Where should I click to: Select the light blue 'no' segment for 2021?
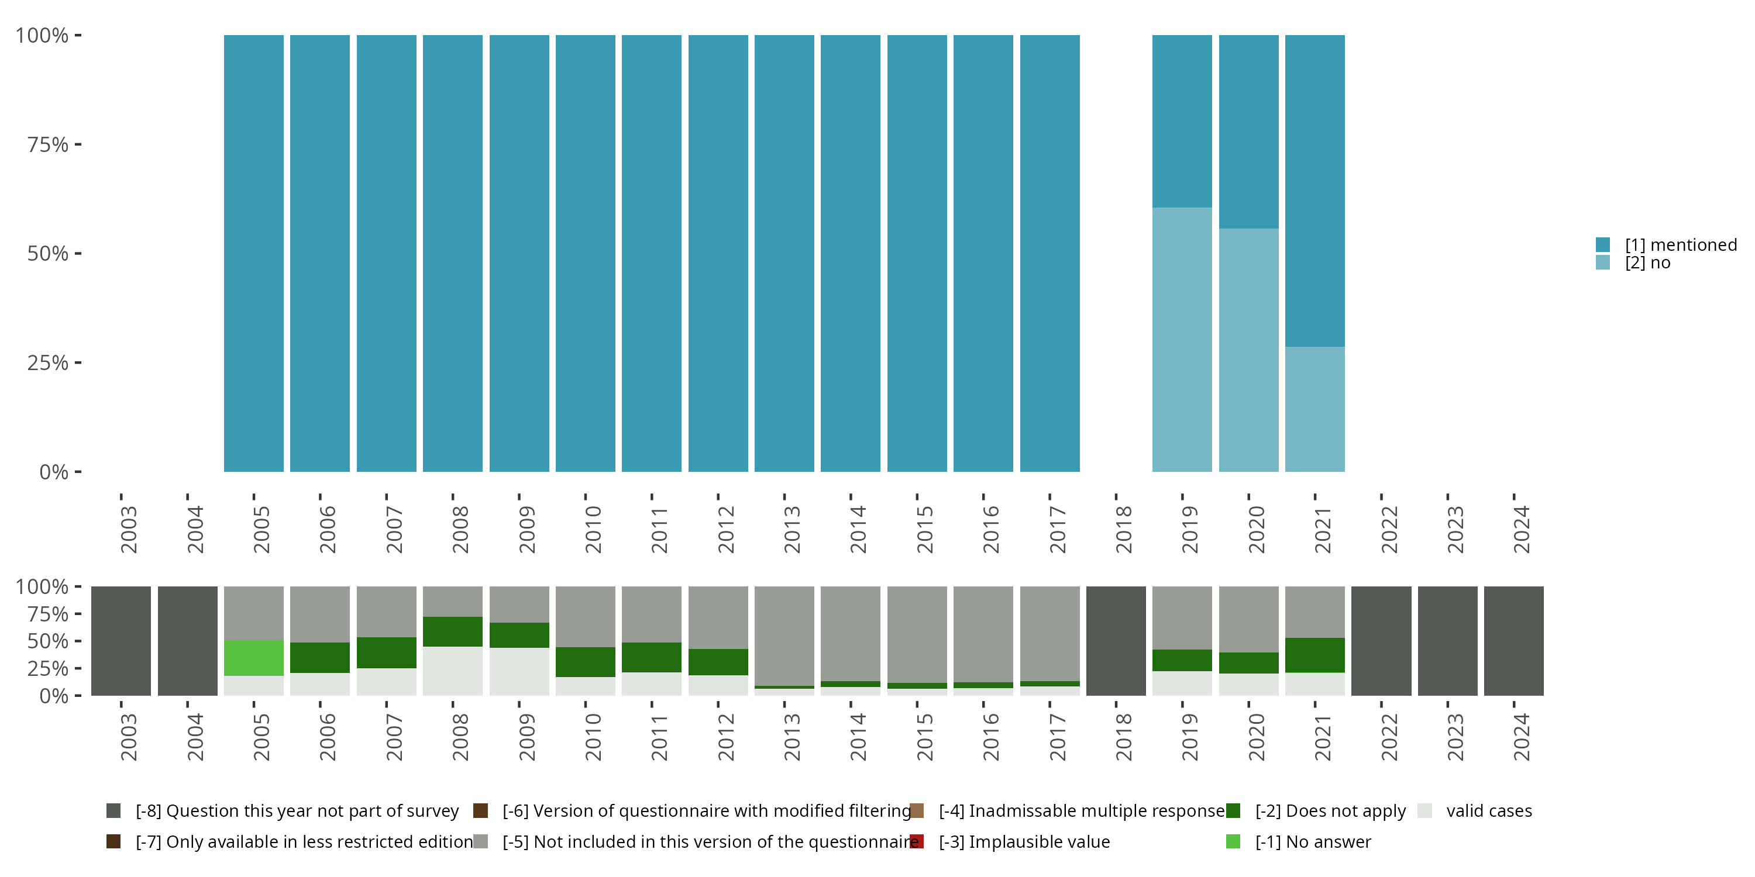point(1315,409)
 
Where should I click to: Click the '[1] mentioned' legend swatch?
point(1603,244)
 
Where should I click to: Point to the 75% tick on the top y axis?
point(78,144)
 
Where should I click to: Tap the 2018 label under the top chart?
point(1123,529)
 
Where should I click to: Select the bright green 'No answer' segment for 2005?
point(253,658)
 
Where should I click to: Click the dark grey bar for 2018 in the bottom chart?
point(1116,641)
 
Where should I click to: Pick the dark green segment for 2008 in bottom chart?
point(453,631)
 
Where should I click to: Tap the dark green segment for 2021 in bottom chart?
point(1315,655)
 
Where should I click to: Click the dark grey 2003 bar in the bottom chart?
point(121,641)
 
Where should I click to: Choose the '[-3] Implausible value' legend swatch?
point(917,841)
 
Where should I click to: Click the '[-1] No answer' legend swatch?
point(1233,841)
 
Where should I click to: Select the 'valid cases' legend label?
point(1489,811)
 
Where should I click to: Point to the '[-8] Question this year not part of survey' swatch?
point(113,811)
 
